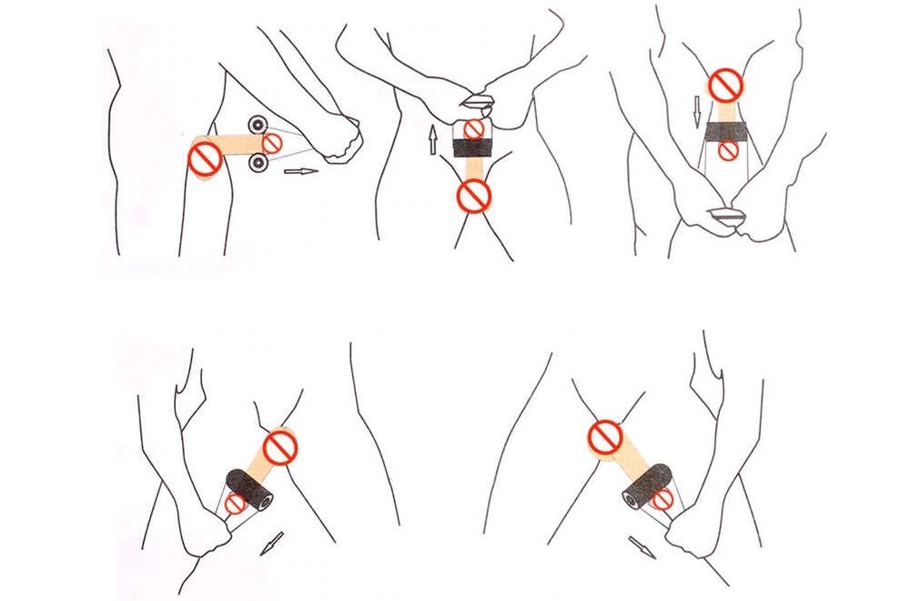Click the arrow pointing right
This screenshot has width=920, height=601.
coord(300,170)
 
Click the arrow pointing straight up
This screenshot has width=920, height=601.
coord(433,139)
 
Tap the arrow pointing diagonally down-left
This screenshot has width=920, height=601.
coord(272,543)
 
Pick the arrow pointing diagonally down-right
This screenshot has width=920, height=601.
coord(642,546)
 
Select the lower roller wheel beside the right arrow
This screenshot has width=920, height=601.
coord(258,163)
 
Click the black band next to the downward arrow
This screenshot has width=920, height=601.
coord(726,132)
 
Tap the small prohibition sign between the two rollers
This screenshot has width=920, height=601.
coord(271,143)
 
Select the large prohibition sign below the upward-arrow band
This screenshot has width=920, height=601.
coord(473,194)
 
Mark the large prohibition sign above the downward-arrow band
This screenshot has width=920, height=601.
coord(726,86)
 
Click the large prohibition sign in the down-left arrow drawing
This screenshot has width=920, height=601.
coord(280,447)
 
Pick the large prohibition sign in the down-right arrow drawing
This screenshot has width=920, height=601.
coord(605,436)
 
